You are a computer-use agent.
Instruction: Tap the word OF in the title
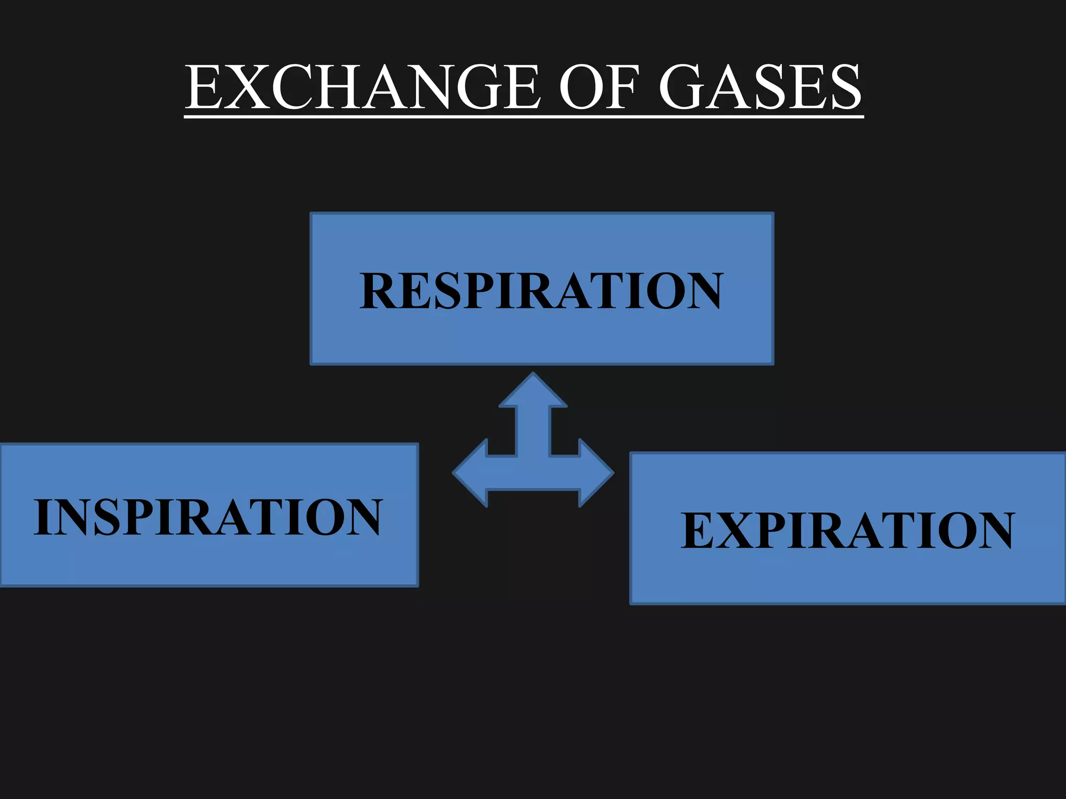pos(599,87)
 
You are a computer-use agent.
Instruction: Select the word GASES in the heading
pos(760,87)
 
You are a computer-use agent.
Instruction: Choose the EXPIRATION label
pos(848,530)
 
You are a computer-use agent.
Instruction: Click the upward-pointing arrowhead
pos(533,390)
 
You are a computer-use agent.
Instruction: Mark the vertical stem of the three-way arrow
pos(533,432)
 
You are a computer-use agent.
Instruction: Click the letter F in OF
pos(622,87)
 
